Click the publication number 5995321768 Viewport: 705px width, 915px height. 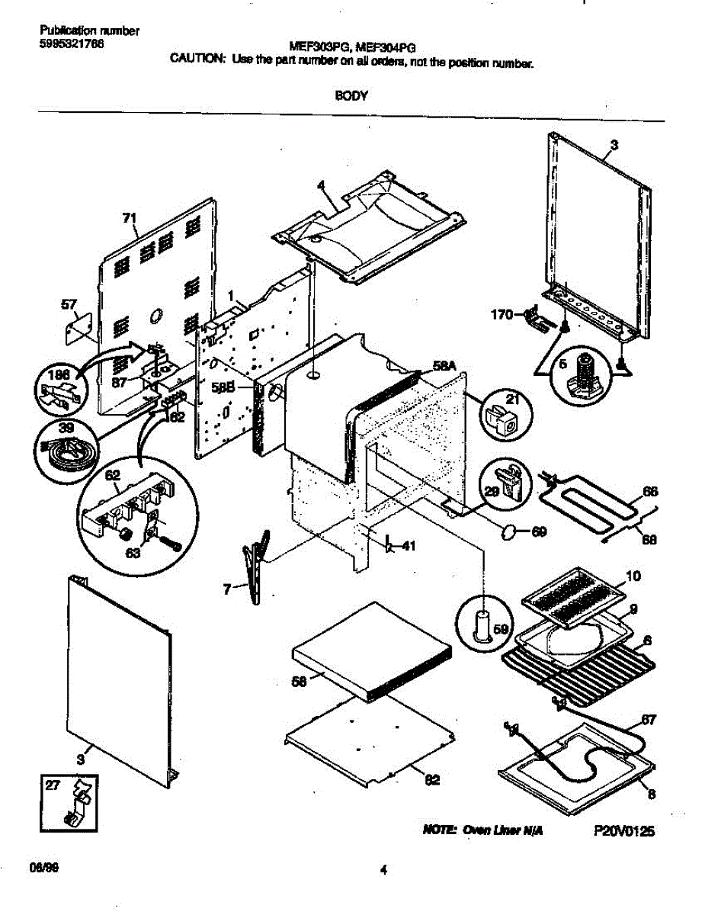click(72, 43)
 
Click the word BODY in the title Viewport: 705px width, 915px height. click(351, 96)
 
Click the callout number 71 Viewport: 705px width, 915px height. click(130, 219)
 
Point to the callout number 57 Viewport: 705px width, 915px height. click(69, 305)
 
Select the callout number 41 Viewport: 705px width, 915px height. click(409, 545)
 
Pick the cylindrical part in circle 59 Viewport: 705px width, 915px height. click(482, 625)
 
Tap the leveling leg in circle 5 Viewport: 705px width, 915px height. click(584, 374)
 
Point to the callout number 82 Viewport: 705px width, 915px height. click(432, 779)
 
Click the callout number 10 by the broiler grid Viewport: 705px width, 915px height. click(633, 575)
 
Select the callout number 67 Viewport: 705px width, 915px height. click(648, 719)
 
